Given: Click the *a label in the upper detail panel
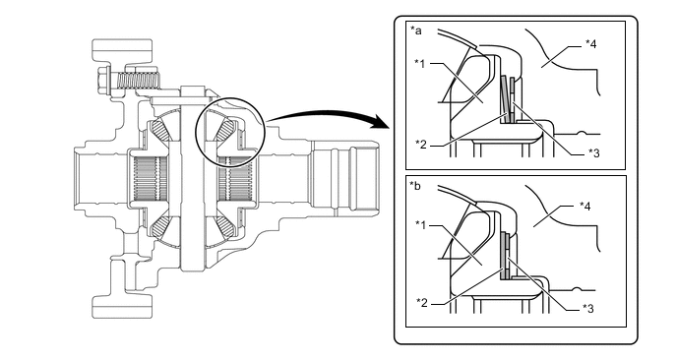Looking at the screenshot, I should [x=415, y=31].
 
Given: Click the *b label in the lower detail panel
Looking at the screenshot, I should [x=415, y=185].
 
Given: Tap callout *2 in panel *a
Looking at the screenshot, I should [x=420, y=144].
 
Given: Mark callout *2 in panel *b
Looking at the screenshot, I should [x=420, y=301].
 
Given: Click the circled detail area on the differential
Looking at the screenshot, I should [x=229, y=127].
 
